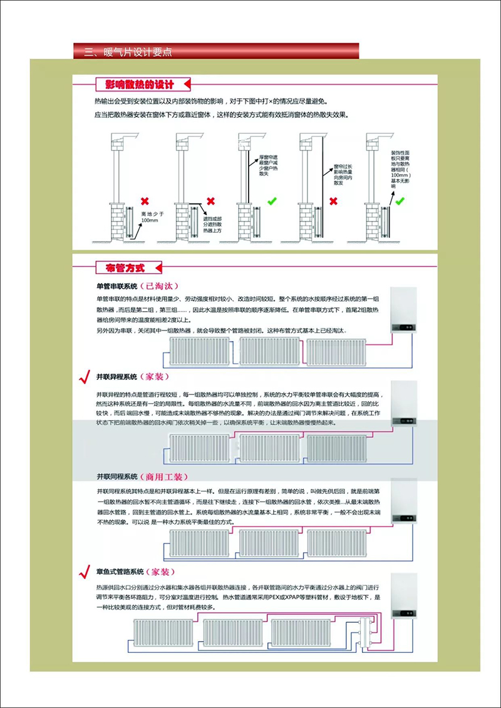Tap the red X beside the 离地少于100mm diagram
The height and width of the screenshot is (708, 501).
[145, 201]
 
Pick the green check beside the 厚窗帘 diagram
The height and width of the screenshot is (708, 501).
[272, 201]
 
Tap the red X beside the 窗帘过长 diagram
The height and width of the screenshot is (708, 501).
[334, 201]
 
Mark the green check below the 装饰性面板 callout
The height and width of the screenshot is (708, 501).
[400, 201]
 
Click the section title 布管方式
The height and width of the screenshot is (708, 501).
[121, 268]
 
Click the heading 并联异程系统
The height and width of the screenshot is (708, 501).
[116, 377]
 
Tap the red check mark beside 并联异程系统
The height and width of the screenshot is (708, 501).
[83, 377]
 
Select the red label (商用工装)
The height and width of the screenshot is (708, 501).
[163, 476]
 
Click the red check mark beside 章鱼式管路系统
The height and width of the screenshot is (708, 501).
[83, 572]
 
